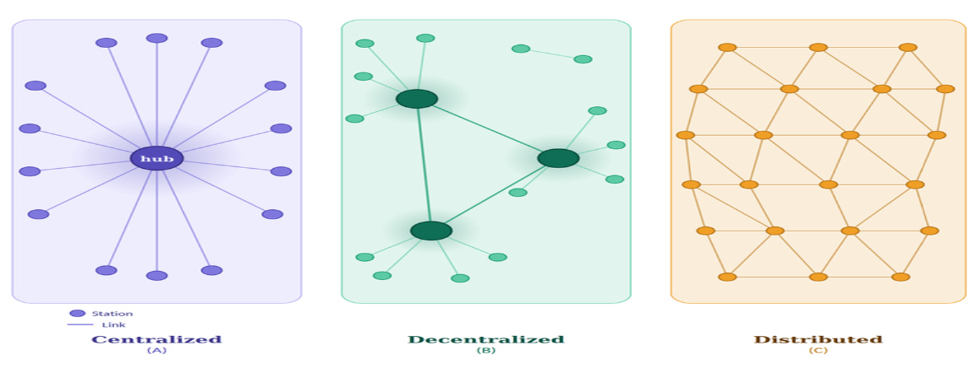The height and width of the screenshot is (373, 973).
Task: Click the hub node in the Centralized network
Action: [156, 157]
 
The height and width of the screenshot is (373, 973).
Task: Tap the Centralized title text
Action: [156, 339]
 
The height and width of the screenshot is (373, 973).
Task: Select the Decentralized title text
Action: [486, 339]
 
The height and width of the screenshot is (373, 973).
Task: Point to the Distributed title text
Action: [817, 339]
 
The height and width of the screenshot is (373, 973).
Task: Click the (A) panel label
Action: [156, 351]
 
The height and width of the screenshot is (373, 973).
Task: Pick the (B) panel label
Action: [486, 351]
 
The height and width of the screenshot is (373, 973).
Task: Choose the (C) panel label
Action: [817, 351]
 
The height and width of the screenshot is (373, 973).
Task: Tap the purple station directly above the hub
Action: [156, 38]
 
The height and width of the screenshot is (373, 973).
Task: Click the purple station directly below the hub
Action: [156, 276]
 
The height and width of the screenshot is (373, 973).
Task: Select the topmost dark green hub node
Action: [417, 99]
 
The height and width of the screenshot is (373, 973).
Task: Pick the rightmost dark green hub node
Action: [558, 158]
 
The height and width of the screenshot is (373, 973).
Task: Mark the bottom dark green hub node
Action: [431, 231]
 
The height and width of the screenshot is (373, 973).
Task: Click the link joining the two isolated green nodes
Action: [552, 54]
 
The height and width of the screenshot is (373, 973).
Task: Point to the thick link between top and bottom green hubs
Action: [423, 165]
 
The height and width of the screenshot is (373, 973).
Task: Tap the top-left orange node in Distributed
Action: [727, 47]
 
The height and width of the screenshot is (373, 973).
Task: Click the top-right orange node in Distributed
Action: [908, 47]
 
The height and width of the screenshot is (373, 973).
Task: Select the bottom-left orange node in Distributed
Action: [727, 277]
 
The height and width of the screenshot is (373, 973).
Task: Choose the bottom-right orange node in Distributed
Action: [901, 277]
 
